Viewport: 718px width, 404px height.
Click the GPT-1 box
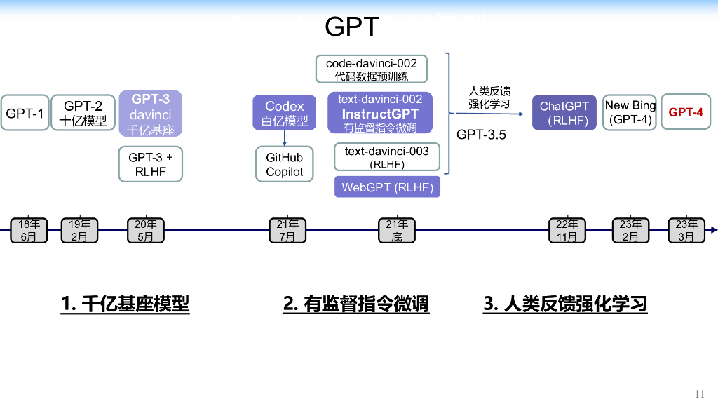click(25, 113)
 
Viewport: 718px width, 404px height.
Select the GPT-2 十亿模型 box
click(83, 113)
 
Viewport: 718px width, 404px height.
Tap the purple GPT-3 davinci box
click(151, 114)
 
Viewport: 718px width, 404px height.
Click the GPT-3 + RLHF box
click(150, 164)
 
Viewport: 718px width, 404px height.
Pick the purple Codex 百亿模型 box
click(285, 114)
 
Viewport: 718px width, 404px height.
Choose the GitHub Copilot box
click(285, 164)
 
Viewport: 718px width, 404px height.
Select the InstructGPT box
click(380, 113)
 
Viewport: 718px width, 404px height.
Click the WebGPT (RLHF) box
click(387, 187)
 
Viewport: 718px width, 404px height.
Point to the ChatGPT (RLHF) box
click(564, 113)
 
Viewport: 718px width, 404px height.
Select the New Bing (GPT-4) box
click(630, 113)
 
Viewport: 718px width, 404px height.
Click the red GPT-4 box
click(685, 112)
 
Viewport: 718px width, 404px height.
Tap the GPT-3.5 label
click(481, 135)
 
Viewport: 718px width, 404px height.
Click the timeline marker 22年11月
click(567, 230)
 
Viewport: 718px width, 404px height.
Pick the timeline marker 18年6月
click(29, 230)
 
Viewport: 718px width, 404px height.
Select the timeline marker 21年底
click(397, 230)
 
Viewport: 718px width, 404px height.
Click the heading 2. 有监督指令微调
click(356, 304)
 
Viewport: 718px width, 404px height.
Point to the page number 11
click(699, 393)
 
